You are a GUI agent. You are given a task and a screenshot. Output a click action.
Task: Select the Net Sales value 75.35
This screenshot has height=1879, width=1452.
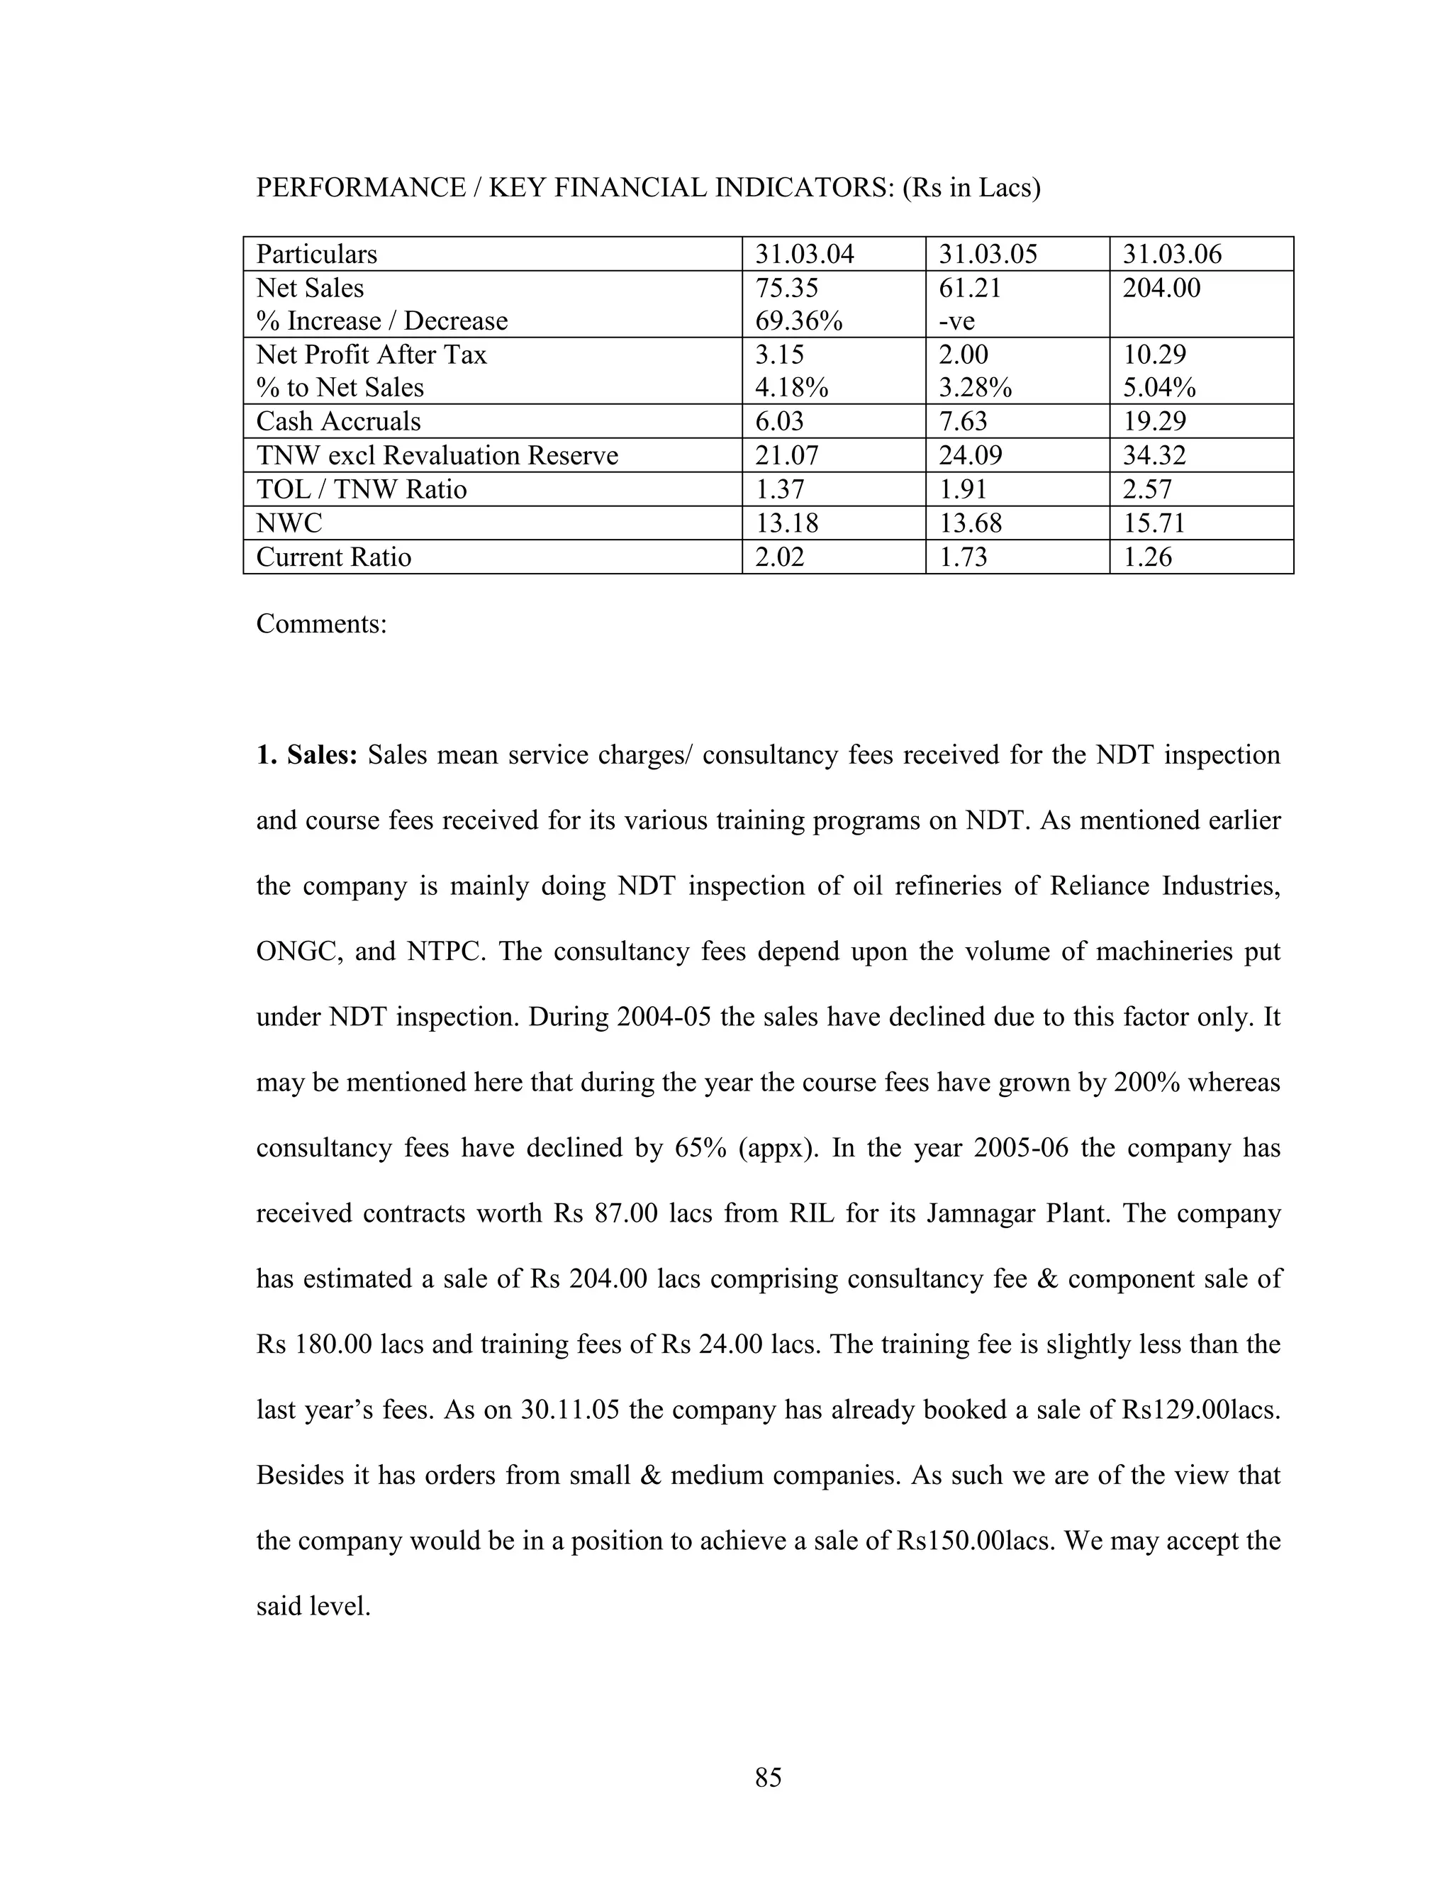coord(786,287)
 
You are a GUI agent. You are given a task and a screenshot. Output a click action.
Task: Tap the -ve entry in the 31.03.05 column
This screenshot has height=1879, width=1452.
coord(956,321)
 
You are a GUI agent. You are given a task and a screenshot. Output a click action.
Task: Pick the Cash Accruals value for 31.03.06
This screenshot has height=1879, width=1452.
coord(1154,422)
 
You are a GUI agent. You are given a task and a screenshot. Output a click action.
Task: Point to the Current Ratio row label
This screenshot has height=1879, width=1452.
coord(334,557)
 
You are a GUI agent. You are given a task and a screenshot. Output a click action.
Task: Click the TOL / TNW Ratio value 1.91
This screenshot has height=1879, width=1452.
coord(963,489)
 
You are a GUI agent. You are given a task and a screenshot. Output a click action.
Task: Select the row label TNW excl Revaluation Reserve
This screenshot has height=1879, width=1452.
coord(437,455)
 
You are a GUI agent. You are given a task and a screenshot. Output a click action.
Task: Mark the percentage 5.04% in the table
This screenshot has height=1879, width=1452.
coord(1158,388)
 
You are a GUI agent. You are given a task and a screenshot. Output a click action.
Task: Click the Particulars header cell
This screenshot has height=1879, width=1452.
coord(316,255)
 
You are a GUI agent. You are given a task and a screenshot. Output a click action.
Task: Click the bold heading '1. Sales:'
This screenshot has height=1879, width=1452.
coord(306,755)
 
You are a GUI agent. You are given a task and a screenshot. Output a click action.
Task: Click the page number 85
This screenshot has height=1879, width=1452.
coord(768,1775)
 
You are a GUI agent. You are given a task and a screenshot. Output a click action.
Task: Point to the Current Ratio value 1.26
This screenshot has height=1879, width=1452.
coord(1148,557)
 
